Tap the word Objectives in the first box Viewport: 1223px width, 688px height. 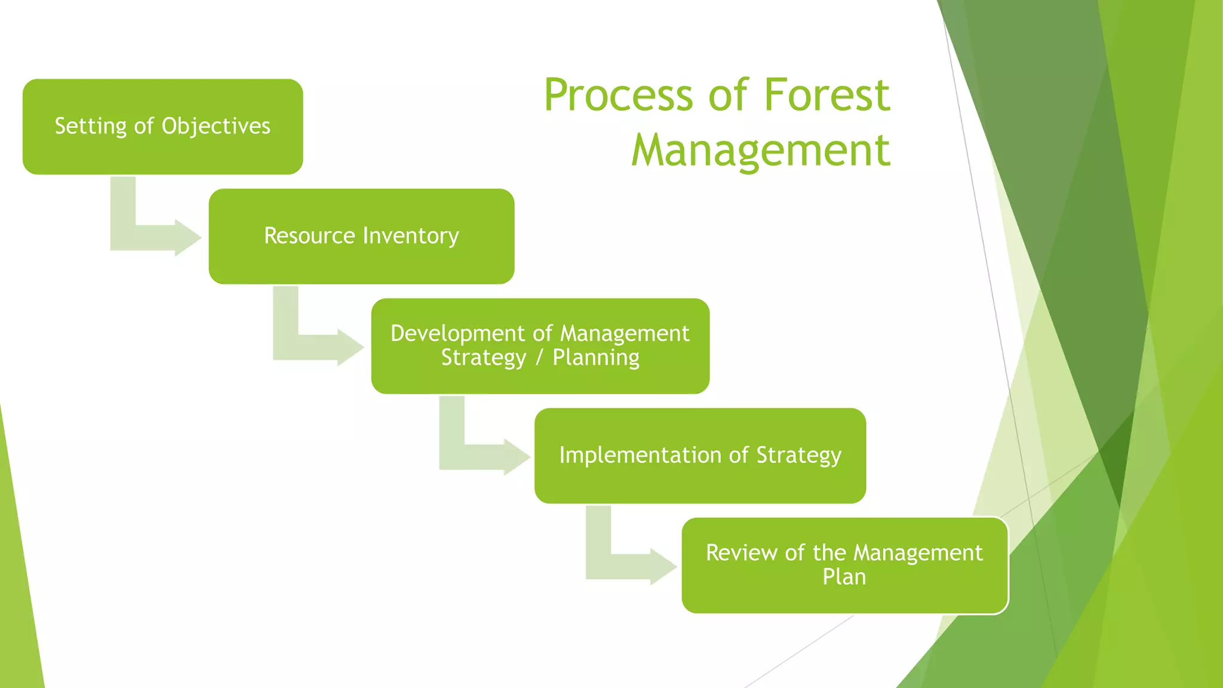(x=216, y=126)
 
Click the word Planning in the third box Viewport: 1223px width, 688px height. (x=595, y=358)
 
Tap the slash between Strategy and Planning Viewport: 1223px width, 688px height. (x=539, y=358)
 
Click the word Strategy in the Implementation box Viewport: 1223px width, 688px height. (x=798, y=455)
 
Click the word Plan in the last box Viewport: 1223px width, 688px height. (x=844, y=577)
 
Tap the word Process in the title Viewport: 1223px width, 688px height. (x=618, y=96)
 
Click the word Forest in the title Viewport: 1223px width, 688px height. (x=826, y=96)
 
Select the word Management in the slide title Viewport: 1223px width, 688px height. (x=760, y=150)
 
